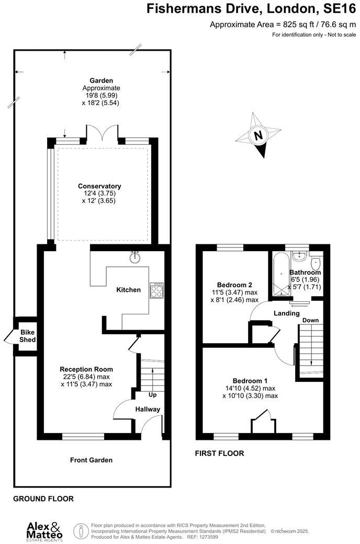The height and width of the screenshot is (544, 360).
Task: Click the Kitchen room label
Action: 128,290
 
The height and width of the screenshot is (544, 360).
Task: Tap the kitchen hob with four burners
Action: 156,290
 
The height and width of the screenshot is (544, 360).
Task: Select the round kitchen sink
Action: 134,257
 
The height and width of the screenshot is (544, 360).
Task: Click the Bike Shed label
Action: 27,336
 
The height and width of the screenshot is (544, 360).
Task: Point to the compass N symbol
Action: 258,135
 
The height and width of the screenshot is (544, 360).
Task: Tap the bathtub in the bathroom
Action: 280,274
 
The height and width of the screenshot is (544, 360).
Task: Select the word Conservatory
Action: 99,186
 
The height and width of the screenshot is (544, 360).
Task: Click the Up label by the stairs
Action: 152,395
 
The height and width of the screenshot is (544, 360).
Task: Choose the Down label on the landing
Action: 310,320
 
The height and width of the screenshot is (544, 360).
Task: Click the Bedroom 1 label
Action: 250,381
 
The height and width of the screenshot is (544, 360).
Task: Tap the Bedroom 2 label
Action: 234,285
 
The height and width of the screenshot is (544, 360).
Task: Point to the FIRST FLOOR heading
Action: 219,453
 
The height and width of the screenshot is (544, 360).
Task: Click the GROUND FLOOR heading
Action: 43,498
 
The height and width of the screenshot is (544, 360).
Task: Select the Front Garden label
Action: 91,460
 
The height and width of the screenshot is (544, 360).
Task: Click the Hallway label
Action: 148,410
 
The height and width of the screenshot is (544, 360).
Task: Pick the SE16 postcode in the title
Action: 340,8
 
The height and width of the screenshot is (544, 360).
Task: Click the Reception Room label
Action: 86,369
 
